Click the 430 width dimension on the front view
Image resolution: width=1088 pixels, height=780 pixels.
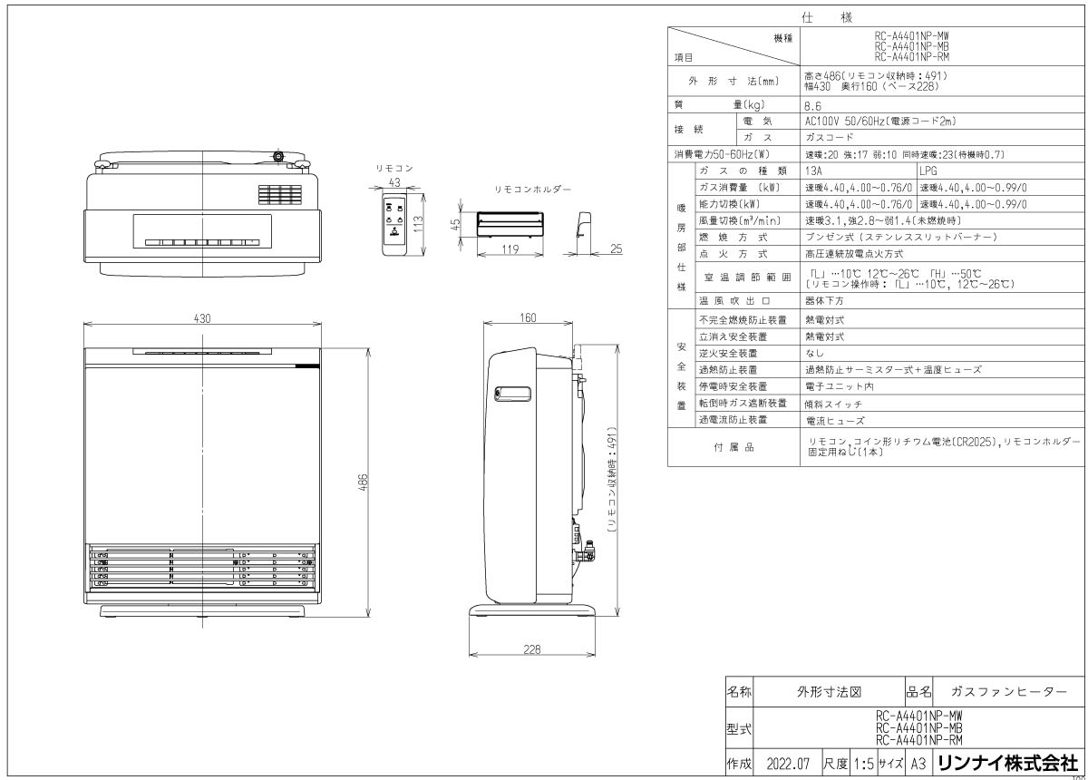(201, 318)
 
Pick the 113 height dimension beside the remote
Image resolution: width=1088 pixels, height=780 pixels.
(420, 224)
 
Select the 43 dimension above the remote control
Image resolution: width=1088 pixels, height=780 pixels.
(393, 182)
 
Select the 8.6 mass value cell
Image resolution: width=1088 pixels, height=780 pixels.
(813, 105)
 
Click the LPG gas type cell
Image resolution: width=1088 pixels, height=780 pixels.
(931, 170)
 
